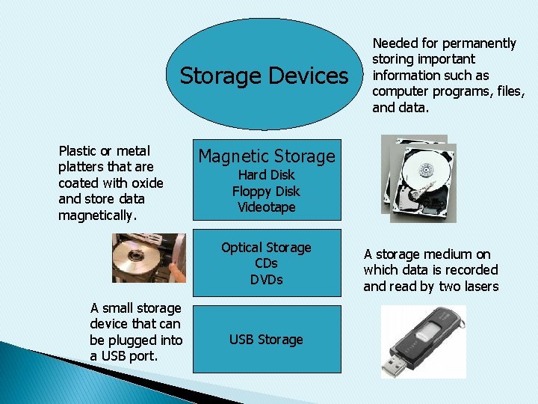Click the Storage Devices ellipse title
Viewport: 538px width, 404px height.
(264, 76)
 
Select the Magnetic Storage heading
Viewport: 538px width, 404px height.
(266, 156)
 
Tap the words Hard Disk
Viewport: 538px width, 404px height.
(266, 175)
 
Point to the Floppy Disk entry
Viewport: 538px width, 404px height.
(266, 192)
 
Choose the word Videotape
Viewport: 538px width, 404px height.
(266, 207)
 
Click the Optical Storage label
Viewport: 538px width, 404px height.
(266, 248)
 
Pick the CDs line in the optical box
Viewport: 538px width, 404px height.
(266, 263)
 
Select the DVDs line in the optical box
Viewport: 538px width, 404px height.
(266, 280)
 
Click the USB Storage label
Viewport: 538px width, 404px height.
(266, 340)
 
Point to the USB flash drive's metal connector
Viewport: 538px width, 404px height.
(396, 364)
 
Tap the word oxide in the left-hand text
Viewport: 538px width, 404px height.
(146, 183)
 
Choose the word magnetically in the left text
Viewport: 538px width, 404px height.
(98, 215)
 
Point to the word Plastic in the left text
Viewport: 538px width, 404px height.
(78, 151)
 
